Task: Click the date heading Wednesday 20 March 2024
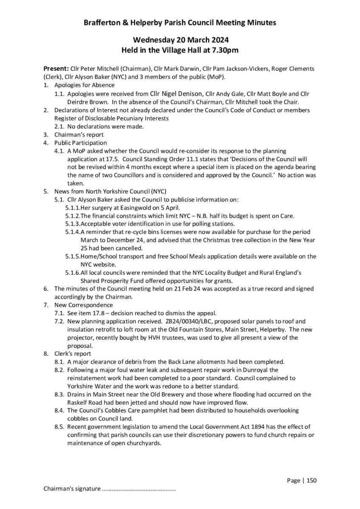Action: [180, 40]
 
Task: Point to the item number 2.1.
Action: [59, 126]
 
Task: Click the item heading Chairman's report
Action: [79, 134]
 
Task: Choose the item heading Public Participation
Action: [81, 143]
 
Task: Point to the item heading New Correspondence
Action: [84, 305]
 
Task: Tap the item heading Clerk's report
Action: [73, 354]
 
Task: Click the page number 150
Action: [312, 481]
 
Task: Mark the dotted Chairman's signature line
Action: [139, 489]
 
